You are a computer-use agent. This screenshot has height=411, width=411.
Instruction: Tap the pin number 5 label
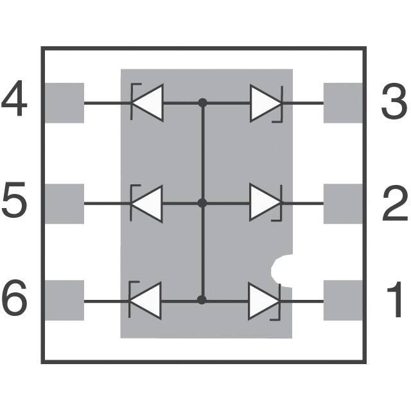[x=14, y=203]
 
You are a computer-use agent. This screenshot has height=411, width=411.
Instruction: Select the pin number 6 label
[x=14, y=300]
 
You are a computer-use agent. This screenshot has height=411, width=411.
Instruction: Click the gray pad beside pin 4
[x=64, y=102]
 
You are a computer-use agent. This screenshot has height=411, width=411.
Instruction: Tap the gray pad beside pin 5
[x=64, y=204]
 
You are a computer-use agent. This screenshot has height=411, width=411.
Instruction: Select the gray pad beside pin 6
[x=64, y=301]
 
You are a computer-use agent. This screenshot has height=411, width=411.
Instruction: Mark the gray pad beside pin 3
[x=344, y=102]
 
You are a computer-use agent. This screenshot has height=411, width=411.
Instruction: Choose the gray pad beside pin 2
[x=344, y=204]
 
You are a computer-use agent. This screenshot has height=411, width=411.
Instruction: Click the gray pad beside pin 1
[x=344, y=301]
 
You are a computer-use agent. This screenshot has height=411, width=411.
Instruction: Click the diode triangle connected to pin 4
[x=147, y=102]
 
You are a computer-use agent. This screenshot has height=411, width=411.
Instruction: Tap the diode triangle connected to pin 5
[x=147, y=204]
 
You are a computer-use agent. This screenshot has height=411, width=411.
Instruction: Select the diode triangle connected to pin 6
[x=146, y=300]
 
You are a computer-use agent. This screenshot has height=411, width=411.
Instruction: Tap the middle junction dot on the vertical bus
[x=203, y=204]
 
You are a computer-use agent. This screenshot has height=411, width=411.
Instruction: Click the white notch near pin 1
[x=283, y=270]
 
